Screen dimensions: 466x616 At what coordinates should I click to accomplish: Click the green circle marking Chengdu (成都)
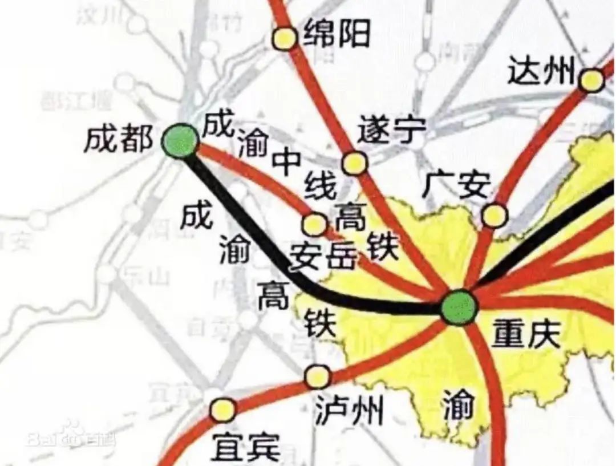pos(180,141)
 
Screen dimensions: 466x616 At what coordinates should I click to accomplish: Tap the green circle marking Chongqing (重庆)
pos(459,307)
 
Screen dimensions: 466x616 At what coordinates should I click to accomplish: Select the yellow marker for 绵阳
pos(284,38)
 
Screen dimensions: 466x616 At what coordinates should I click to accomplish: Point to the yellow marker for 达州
pos(591,80)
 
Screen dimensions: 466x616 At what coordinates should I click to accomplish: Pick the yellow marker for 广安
pos(494,215)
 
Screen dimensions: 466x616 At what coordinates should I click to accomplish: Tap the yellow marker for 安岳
pos(314,224)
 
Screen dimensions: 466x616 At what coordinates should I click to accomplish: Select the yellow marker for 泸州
pos(317,376)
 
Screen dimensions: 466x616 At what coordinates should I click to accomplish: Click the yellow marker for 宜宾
pos(222,410)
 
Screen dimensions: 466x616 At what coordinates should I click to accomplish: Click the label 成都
pos(118,140)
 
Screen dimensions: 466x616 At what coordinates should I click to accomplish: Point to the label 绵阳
pos(337,33)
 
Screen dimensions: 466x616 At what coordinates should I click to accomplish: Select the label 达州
pos(541,71)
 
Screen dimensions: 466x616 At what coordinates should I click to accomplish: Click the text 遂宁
pos(391,132)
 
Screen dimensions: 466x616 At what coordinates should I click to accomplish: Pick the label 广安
pos(458,185)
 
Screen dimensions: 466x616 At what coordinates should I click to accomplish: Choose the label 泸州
pos(349,410)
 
